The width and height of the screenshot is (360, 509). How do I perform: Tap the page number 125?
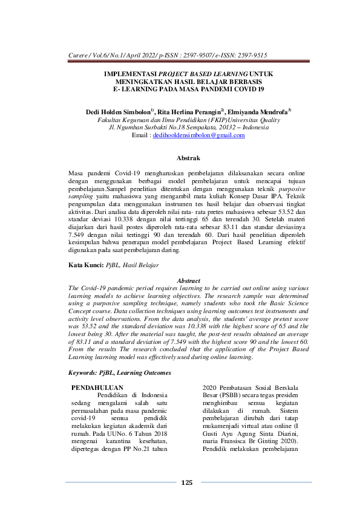[x=187, y=482]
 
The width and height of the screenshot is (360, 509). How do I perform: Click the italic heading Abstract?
[x=187, y=280]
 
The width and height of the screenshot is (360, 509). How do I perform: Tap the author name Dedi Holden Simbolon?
[x=119, y=112]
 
